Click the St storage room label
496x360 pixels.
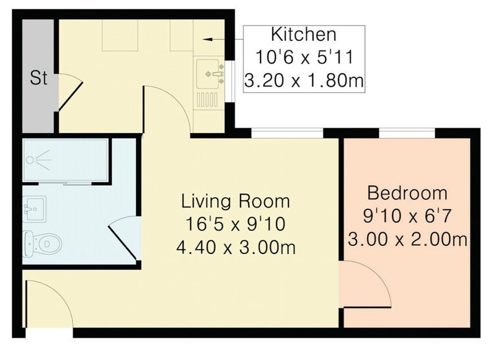click(x=38, y=77)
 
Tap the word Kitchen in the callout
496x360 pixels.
click(x=304, y=35)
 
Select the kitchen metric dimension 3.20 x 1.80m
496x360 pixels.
click(x=304, y=81)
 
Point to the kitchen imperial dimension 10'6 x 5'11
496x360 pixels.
click(x=304, y=58)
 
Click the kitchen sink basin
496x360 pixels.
click(x=208, y=74)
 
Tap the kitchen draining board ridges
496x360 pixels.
click(x=208, y=99)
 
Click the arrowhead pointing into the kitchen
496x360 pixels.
click(x=208, y=39)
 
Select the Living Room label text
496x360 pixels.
click(x=236, y=201)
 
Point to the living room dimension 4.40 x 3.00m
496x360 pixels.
click(x=236, y=247)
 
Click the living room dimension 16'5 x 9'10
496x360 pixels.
click(x=236, y=224)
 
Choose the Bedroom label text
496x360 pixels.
click(x=407, y=193)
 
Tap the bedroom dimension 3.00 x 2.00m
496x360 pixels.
click(x=407, y=239)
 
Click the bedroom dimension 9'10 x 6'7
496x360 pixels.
click(x=407, y=216)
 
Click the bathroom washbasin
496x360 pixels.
click(x=34, y=209)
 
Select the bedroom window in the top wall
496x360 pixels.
click(x=407, y=133)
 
